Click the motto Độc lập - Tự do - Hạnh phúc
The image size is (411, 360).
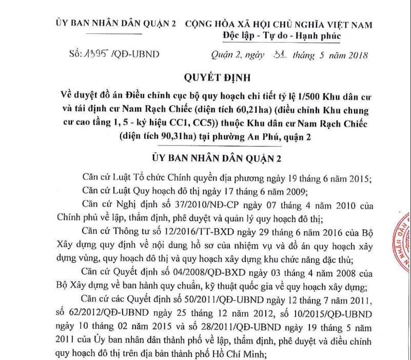point(281,37)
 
